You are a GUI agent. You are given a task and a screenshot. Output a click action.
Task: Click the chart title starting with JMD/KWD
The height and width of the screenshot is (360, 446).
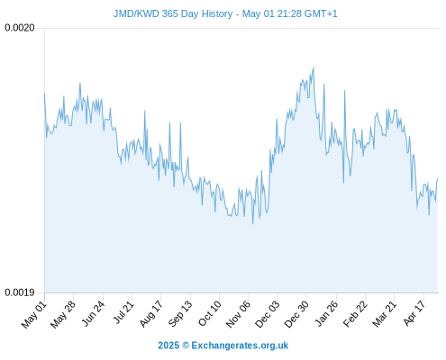225,13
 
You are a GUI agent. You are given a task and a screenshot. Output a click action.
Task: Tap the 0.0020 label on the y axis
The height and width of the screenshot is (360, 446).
20,28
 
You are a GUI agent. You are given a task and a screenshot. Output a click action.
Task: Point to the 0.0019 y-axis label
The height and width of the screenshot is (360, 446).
20,292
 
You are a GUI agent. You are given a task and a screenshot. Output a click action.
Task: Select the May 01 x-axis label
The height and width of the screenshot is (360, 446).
34,315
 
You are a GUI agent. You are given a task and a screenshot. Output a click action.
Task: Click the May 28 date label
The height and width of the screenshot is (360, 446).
63,315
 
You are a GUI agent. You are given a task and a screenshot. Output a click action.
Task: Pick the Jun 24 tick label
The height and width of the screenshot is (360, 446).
94,314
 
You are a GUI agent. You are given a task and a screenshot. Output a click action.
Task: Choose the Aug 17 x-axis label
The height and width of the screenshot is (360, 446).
151,314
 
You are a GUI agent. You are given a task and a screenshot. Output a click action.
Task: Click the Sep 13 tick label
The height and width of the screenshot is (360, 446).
180,314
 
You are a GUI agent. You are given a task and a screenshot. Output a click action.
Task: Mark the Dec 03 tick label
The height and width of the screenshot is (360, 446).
268,314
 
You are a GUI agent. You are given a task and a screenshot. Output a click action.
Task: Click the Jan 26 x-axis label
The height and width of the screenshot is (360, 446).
326,314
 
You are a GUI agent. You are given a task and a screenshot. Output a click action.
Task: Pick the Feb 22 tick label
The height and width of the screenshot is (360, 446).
355,314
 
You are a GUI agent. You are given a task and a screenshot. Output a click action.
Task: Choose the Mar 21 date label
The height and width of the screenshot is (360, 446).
385,314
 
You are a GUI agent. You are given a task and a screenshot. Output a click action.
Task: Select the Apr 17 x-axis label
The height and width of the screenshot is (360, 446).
414,313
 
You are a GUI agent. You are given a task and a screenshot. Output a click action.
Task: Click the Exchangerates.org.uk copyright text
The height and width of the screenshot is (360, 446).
223,346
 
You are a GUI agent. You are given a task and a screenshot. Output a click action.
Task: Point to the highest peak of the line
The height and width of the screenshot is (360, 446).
314,67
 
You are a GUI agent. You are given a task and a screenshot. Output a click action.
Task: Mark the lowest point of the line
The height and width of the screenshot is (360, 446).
253,224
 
